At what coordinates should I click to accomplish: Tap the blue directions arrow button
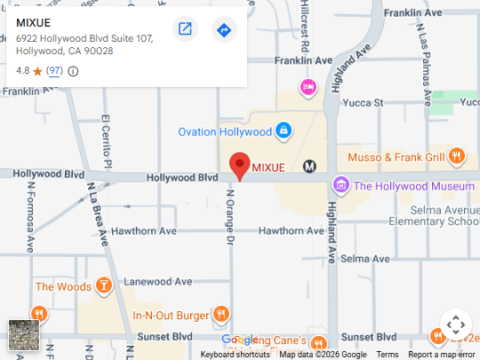(x=224, y=30)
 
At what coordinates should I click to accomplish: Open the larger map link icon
(x=185, y=29)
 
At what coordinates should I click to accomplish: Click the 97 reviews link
(x=54, y=70)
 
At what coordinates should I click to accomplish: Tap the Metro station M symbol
(x=310, y=165)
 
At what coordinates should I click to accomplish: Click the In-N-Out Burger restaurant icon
(x=220, y=314)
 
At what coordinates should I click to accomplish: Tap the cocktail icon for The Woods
(x=104, y=286)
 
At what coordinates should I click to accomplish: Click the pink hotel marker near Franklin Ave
(x=308, y=86)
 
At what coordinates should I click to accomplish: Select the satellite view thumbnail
(x=24, y=335)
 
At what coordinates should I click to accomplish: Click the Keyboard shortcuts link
(x=235, y=355)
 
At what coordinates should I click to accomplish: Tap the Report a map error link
(x=442, y=355)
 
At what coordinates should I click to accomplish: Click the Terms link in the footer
(x=388, y=355)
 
